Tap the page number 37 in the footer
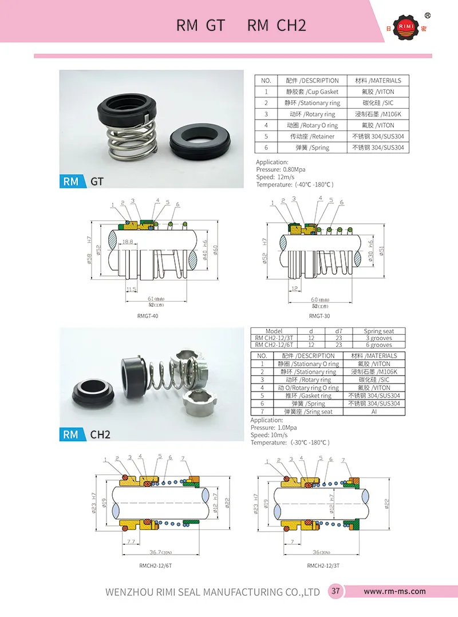point(335,591)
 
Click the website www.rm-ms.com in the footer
point(394,591)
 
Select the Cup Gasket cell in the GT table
point(312,92)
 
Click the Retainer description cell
point(312,136)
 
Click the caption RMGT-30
point(319,316)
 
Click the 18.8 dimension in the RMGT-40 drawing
point(127,243)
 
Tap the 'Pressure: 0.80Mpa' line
point(281,170)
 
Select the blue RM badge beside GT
point(71,181)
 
